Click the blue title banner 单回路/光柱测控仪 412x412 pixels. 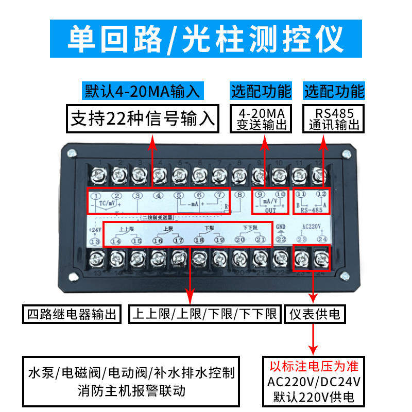tap(205, 39)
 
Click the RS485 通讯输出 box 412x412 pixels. tap(334, 118)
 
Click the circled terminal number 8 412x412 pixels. tap(239, 195)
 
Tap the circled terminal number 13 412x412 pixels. tap(95, 241)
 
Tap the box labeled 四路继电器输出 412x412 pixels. tap(72, 314)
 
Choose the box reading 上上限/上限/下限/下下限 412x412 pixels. tap(204, 314)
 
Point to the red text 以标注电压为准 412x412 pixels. tap(314, 367)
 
